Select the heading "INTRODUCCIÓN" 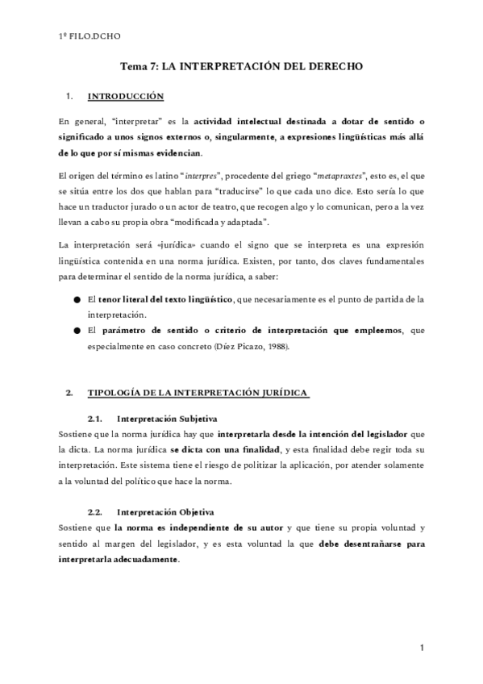tap(125, 97)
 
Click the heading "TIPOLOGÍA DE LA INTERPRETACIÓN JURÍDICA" tap(198, 393)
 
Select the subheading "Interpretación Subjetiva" tap(166, 419)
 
